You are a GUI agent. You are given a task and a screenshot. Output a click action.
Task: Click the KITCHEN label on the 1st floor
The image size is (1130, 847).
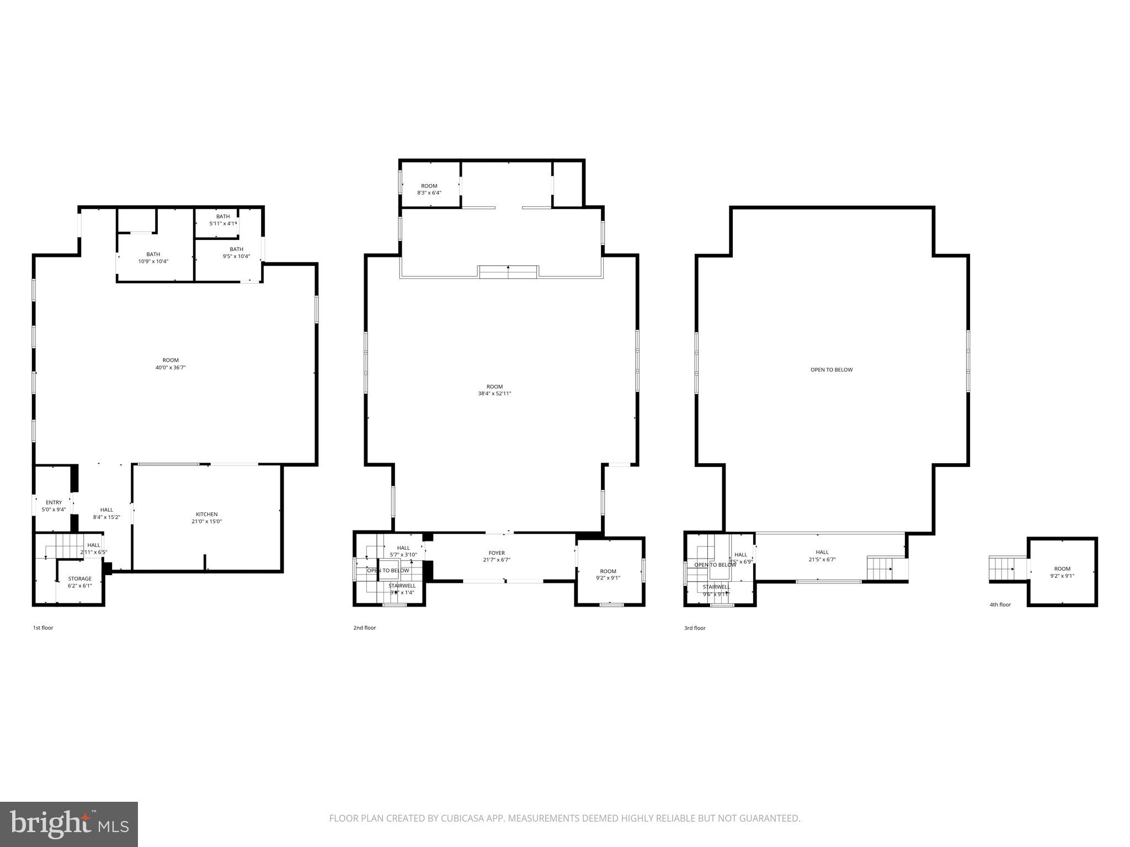207,514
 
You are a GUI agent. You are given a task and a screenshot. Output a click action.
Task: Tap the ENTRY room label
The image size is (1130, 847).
54,502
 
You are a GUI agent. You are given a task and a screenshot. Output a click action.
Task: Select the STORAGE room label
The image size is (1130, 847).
80,579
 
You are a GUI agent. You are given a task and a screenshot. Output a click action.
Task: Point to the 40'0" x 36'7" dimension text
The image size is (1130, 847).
170,367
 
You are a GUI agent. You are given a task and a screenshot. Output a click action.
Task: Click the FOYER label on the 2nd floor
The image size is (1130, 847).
497,553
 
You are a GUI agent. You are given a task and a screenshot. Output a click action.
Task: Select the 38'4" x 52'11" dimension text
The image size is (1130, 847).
494,394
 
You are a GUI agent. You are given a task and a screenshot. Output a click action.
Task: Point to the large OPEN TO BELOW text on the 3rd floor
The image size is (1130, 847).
831,370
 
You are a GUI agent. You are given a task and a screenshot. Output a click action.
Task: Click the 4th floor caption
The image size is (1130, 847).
1000,605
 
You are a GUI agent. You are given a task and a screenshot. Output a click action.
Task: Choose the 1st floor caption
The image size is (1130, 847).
43,628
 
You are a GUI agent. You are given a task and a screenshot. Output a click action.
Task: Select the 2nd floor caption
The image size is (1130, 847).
365,628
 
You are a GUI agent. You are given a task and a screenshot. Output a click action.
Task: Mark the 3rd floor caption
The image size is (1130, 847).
695,628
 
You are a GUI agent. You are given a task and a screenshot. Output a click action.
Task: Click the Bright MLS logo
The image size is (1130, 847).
69,824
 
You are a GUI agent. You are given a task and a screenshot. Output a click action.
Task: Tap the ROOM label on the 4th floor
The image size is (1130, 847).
1062,569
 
